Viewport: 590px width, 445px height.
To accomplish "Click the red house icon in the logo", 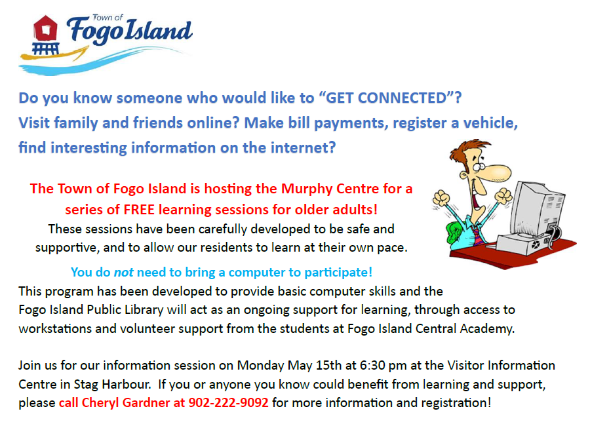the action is tap(45, 28).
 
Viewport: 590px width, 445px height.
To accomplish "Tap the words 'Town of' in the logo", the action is tap(108, 17).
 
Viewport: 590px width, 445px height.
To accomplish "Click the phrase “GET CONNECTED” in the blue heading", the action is tap(386, 98).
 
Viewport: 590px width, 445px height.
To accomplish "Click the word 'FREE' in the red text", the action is tap(139, 210).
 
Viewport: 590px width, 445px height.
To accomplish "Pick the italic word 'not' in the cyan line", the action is tap(123, 273).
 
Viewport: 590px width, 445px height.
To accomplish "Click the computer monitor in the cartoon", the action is tap(538, 211).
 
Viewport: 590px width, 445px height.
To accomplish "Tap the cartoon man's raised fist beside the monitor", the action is tap(503, 196).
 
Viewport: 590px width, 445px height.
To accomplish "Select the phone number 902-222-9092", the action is tap(228, 403).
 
